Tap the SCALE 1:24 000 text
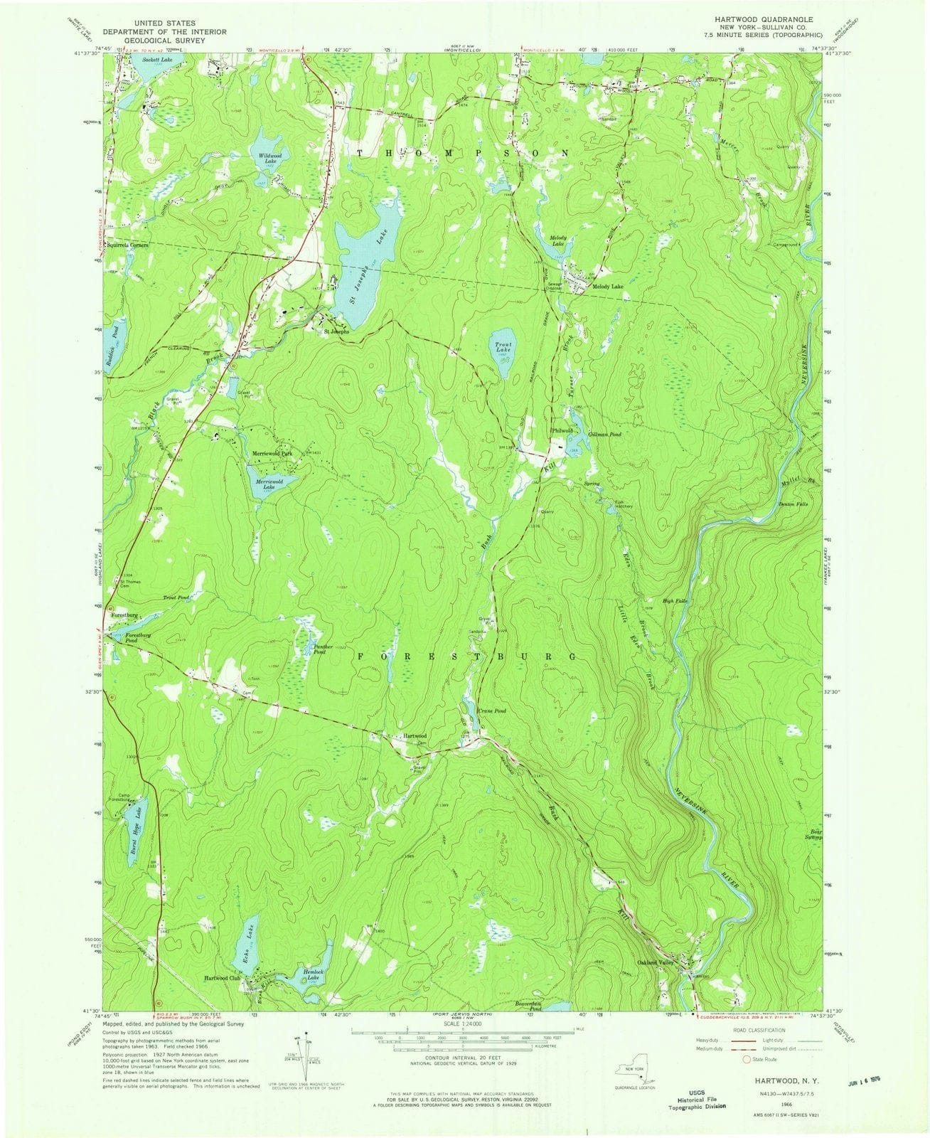tap(466, 1023)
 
